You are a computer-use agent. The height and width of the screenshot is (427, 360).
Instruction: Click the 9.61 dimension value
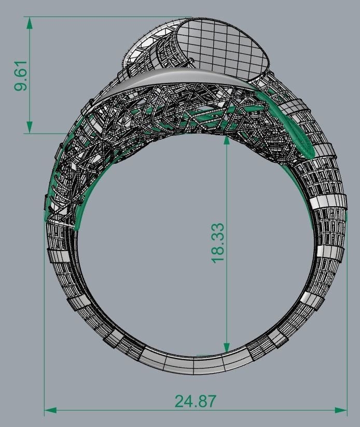21,77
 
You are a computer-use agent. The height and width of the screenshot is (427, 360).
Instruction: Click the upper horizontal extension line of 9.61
104,17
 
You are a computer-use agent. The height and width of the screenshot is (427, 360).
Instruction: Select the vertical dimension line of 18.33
226,290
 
